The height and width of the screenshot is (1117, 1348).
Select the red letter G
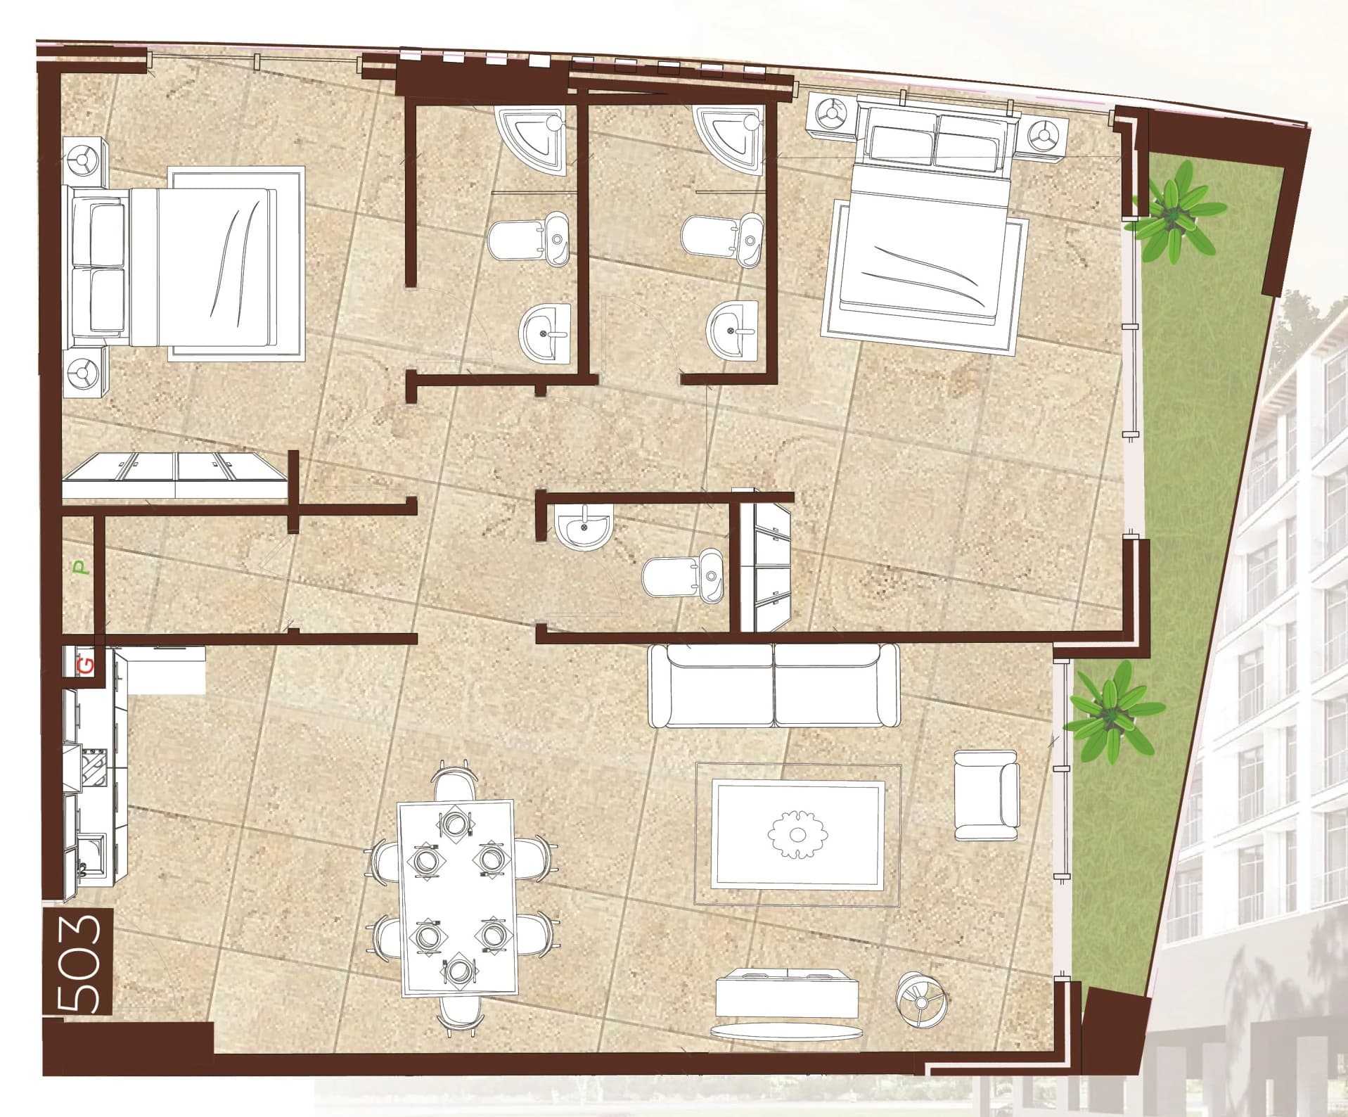[84, 663]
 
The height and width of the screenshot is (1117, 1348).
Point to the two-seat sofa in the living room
[774, 686]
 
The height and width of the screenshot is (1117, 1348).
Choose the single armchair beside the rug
[987, 795]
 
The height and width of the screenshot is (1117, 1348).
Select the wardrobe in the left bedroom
[174, 477]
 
